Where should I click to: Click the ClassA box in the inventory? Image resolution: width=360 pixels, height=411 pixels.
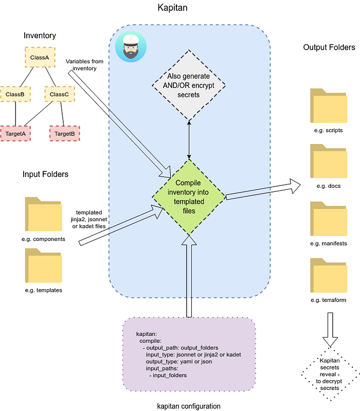tap(40, 57)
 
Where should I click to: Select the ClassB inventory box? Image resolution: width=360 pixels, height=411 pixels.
tap(15, 94)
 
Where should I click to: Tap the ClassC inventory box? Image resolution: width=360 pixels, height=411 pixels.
tap(60, 94)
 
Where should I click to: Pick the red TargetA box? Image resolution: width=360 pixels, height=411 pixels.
tap(15, 134)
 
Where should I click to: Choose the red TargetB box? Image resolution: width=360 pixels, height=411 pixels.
tap(64, 134)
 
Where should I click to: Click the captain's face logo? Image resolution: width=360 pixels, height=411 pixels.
tap(131, 47)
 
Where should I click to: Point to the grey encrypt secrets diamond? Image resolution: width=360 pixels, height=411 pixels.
tap(189, 85)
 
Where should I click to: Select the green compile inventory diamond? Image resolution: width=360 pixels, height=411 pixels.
tap(189, 197)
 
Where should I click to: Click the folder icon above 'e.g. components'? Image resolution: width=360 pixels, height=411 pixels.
tap(44, 214)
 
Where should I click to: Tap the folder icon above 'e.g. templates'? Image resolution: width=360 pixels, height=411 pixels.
tap(44, 265)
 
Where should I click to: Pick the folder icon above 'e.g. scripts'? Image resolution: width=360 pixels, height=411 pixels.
tap(329, 105)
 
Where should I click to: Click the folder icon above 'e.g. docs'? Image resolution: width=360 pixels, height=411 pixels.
tap(329, 161)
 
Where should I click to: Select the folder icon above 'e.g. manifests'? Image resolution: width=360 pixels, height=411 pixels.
tap(329, 219)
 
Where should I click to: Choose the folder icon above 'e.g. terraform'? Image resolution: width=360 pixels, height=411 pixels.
tap(329, 275)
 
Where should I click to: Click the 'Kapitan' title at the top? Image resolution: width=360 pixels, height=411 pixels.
tap(172, 8)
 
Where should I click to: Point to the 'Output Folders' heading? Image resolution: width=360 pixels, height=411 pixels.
tap(329, 47)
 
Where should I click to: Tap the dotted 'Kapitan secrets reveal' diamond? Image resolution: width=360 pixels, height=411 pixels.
tap(330, 374)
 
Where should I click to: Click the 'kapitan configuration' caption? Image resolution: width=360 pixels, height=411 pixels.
tap(189, 406)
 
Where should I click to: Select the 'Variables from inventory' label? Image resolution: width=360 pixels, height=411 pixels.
tap(84, 65)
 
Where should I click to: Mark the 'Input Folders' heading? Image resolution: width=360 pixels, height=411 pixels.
tap(45, 174)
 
